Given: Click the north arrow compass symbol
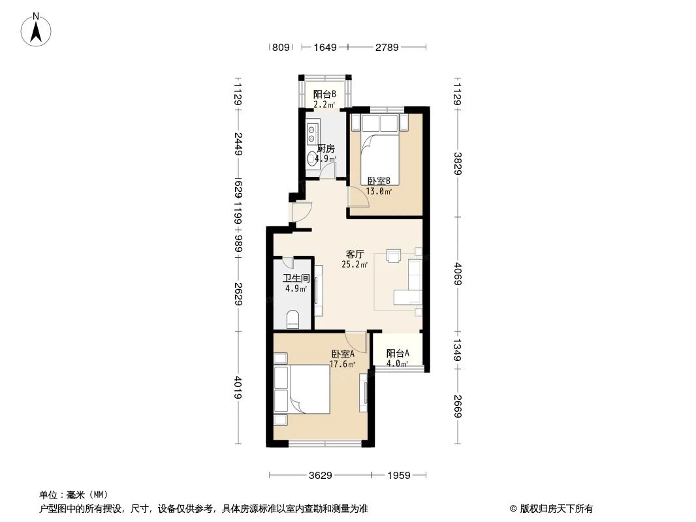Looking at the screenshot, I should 37,29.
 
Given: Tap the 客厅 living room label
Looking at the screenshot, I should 355,254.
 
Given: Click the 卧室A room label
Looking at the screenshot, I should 342,354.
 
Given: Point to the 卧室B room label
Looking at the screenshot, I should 379,181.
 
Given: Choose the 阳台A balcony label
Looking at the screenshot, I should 398,354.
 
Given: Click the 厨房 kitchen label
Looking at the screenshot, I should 325,148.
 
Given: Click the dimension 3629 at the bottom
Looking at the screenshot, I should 321,476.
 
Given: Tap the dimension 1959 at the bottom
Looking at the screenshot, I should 398,476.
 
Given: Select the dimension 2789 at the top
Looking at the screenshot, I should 386,47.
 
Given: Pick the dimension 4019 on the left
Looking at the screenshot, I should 238,390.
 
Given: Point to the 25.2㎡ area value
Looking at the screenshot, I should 355,265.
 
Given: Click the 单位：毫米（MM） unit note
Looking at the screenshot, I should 74,495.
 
